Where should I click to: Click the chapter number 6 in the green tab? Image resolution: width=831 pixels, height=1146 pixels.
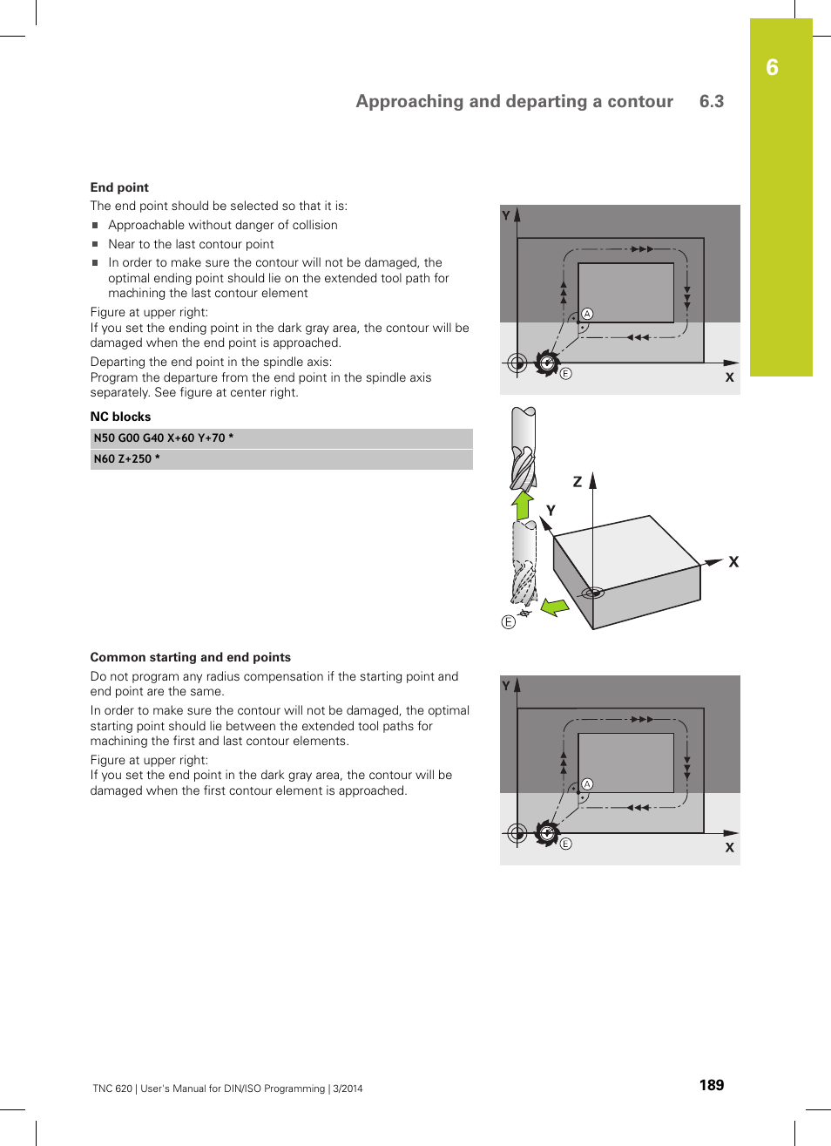(x=772, y=68)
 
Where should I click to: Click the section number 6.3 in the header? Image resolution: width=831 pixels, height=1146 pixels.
(x=711, y=101)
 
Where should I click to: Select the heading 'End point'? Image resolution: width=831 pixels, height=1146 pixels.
(x=119, y=187)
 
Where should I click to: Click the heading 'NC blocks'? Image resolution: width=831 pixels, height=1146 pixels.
(x=120, y=417)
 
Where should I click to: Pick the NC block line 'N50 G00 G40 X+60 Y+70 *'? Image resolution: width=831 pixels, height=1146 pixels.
(x=164, y=438)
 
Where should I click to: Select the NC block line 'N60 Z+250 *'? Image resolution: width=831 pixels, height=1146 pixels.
(x=127, y=459)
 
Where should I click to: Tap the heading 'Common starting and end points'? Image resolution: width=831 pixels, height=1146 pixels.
(x=190, y=657)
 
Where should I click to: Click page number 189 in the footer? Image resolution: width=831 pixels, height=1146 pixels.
(x=711, y=1085)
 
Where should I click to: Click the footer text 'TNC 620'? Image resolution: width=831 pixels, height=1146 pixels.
(x=112, y=1088)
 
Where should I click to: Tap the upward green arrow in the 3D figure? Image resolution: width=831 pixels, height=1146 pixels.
(x=523, y=505)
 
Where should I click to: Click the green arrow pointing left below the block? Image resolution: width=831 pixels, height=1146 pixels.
(x=554, y=607)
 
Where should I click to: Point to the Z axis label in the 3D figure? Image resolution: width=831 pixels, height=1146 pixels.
(x=577, y=482)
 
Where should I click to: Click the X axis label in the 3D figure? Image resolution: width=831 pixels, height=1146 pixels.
(x=733, y=562)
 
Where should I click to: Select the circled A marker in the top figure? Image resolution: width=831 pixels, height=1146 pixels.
(x=587, y=314)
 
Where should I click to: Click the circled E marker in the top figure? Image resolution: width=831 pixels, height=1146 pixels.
(x=565, y=374)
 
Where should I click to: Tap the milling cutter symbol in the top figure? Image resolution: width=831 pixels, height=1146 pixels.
(x=547, y=363)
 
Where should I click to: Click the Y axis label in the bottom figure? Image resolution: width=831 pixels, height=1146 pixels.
(x=506, y=686)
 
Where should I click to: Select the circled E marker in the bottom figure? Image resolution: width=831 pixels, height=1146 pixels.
(x=565, y=844)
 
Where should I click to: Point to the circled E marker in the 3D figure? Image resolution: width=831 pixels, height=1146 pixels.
(x=509, y=622)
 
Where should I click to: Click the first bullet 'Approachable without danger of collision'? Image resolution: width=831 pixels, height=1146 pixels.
(x=222, y=225)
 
